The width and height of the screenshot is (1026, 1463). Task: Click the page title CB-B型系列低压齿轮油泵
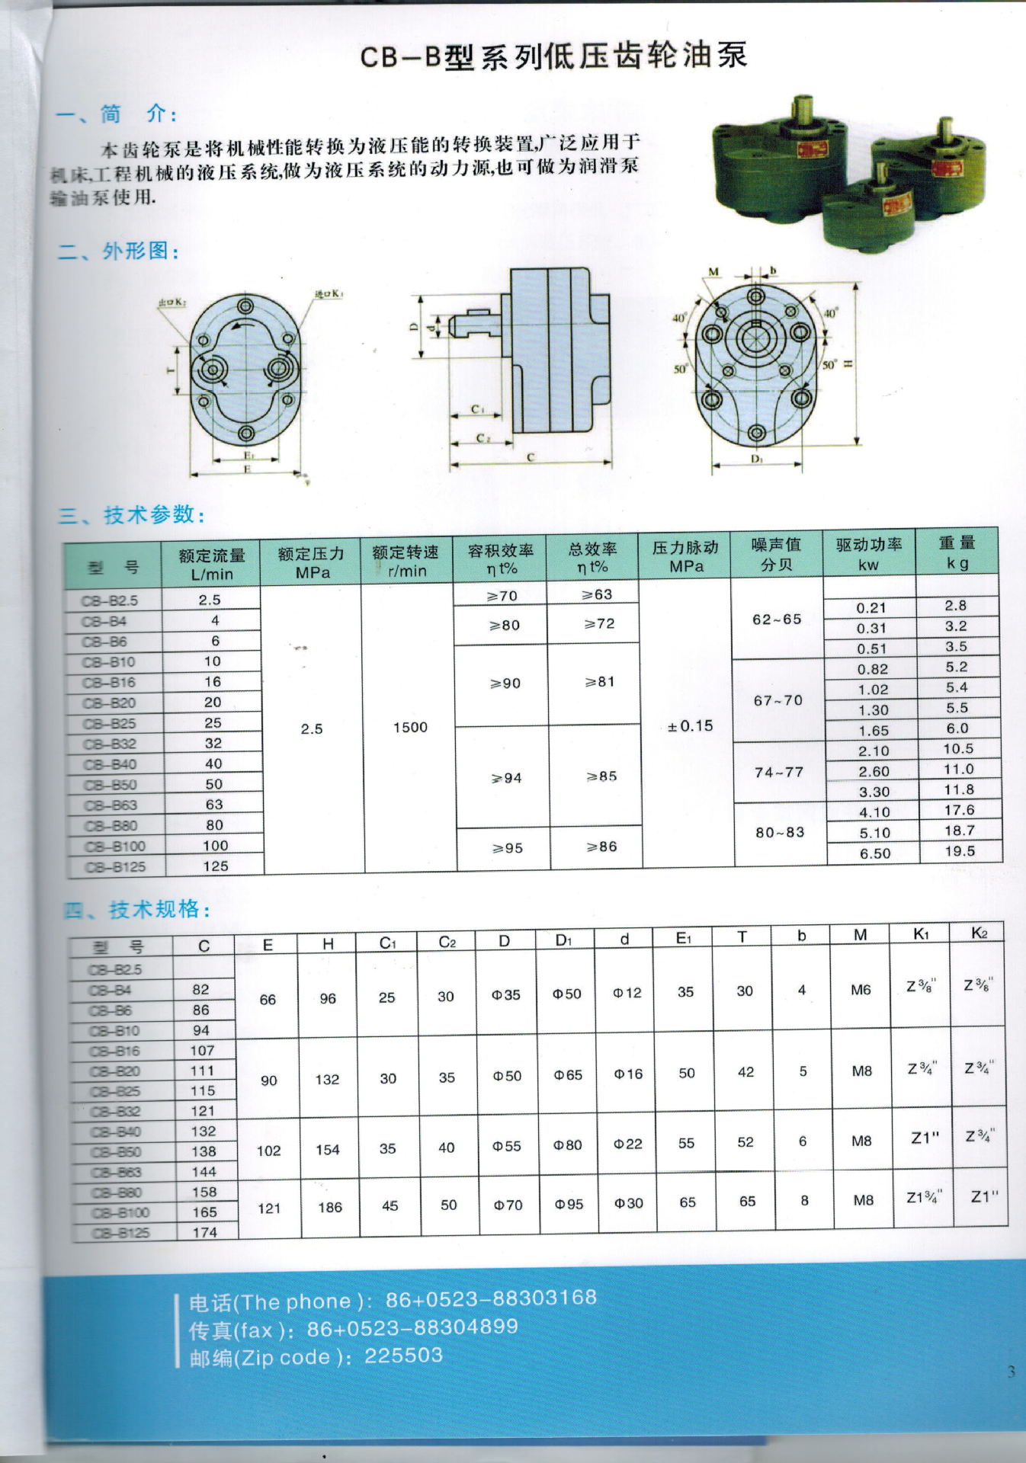pyautogui.click(x=553, y=56)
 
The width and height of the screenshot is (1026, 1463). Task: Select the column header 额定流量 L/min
pyautogui.click(x=211, y=565)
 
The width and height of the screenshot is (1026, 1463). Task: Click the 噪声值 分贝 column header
pyautogui.click(x=776, y=554)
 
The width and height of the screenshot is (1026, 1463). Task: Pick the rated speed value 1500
pyautogui.click(x=410, y=728)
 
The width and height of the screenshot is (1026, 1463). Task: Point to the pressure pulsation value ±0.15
pyautogui.click(x=690, y=726)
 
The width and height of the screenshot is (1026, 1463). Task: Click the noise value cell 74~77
pyautogui.click(x=779, y=772)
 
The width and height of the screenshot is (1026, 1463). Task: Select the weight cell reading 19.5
pyautogui.click(x=960, y=851)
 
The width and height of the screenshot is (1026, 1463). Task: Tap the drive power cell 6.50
pyautogui.click(x=874, y=853)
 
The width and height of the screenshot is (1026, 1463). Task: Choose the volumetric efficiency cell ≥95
pyautogui.click(x=507, y=848)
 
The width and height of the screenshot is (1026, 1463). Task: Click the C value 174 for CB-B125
pyautogui.click(x=204, y=1232)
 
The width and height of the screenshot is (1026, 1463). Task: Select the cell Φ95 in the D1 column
pyautogui.click(x=569, y=1205)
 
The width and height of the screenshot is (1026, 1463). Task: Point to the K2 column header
pyautogui.click(x=980, y=933)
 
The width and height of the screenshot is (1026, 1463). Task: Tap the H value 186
pyautogui.click(x=329, y=1207)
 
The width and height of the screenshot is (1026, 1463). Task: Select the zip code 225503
pyautogui.click(x=403, y=1356)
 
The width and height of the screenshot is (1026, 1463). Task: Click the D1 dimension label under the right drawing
pyautogui.click(x=756, y=459)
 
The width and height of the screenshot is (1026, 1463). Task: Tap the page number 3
pyautogui.click(x=1011, y=1372)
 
